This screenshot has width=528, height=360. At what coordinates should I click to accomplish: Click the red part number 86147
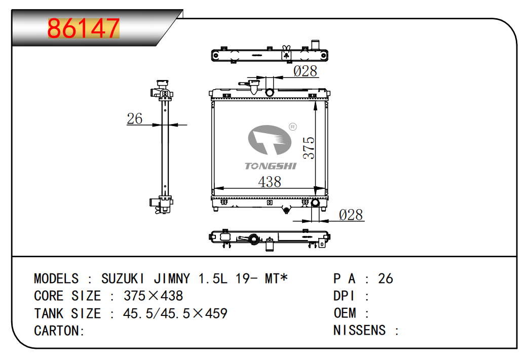click(84, 28)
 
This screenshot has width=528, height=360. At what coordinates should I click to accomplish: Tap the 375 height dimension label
click(309, 148)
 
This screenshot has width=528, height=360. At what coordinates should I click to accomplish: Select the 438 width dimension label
click(270, 182)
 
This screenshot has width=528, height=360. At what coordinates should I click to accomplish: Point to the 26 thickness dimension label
click(134, 118)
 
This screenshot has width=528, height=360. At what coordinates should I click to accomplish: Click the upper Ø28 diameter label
click(305, 71)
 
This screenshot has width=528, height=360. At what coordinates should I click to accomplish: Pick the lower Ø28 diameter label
click(351, 215)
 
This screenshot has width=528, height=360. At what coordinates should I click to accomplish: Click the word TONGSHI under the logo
click(271, 166)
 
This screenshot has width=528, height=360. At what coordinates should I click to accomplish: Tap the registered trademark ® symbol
click(292, 127)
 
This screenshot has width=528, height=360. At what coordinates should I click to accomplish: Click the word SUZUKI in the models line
click(123, 278)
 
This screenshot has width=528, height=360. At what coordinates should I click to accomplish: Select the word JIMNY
click(172, 278)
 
